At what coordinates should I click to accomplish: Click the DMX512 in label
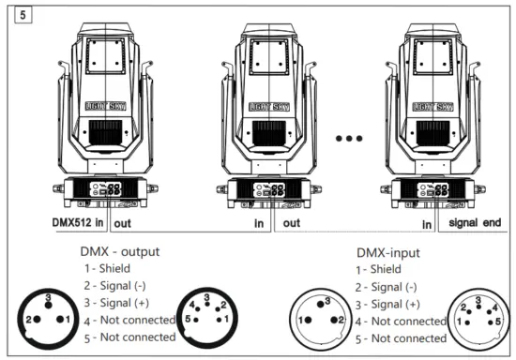click(x=79, y=224)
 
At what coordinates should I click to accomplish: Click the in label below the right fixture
click(x=426, y=224)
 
